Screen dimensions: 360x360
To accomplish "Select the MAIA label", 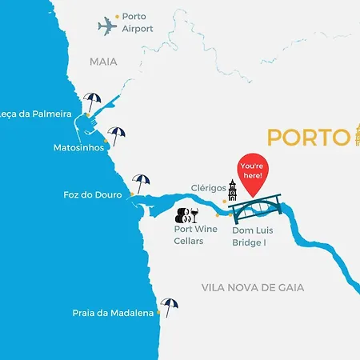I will [103, 61].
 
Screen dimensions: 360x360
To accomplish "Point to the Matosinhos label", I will [78, 148].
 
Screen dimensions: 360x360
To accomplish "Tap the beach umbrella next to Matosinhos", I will [117, 135].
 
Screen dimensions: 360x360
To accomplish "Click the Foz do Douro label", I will [92, 194].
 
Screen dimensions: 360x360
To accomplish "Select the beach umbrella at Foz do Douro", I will [141, 182].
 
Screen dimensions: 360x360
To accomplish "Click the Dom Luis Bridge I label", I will [254, 235].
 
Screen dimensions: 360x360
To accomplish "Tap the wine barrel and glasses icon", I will [187, 214].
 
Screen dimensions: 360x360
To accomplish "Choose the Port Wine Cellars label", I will [195, 235].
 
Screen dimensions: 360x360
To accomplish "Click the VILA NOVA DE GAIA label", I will [264, 288].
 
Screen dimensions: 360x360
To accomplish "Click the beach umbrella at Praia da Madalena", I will [168, 305].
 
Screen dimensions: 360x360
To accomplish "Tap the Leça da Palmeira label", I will [36, 114].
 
